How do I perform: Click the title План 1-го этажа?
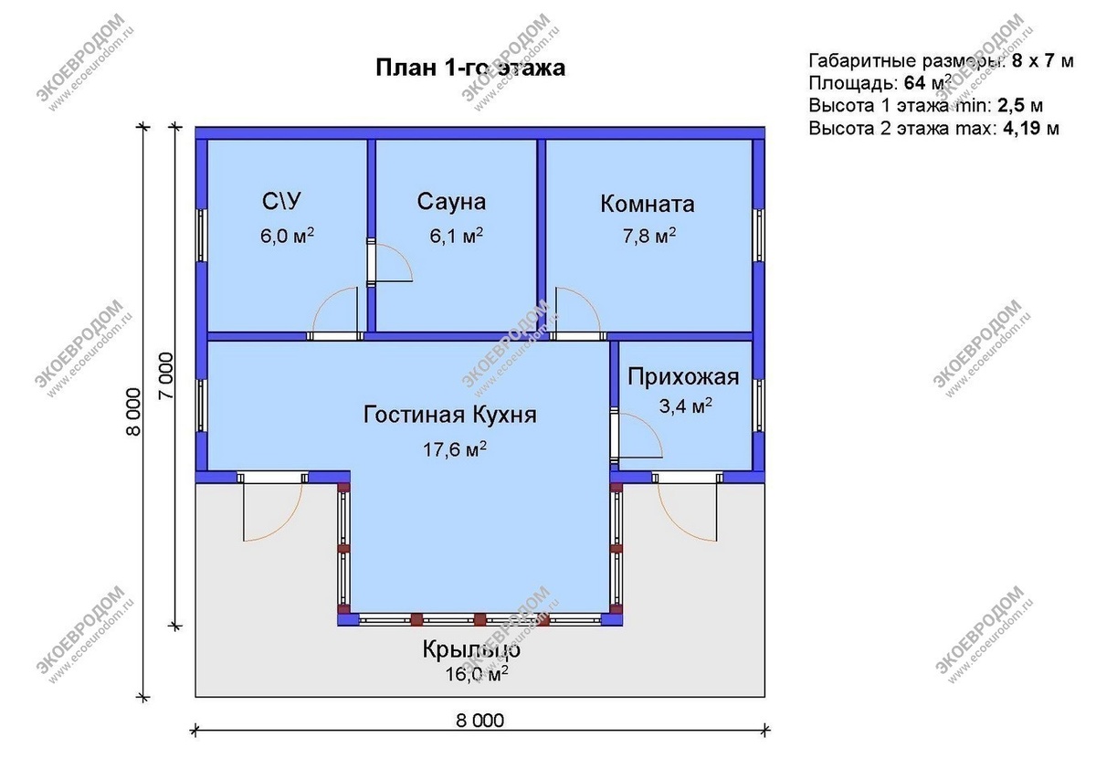469,68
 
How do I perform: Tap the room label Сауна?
451,202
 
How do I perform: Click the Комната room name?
647,204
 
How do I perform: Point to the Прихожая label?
683,377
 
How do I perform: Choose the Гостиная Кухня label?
450,415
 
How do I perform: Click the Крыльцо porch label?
470,650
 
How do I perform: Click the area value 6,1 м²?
455,237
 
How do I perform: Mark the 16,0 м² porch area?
473,675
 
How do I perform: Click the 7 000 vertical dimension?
165,374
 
